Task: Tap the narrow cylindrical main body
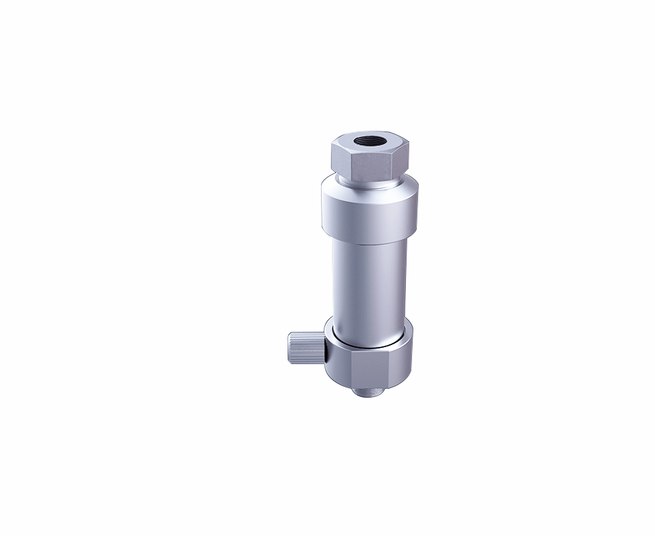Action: coord(369,281)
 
